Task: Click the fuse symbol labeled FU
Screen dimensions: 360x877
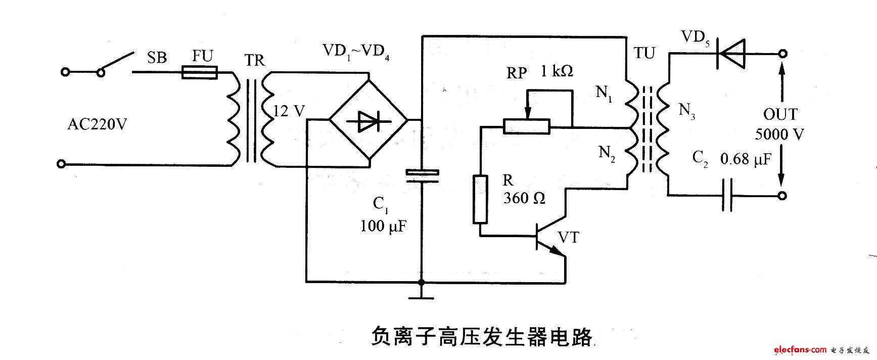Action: click(x=199, y=73)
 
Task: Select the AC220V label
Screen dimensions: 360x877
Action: click(x=97, y=124)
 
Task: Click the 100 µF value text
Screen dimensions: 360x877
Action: click(x=383, y=226)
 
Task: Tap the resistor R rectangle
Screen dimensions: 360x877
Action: click(x=480, y=199)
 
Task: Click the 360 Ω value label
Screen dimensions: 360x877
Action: click(x=524, y=198)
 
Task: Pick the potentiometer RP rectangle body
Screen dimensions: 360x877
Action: click(x=527, y=126)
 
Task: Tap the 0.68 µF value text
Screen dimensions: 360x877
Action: click(x=746, y=160)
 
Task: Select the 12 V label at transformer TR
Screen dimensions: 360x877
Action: click(x=288, y=111)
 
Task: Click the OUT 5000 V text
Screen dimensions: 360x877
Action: click(x=779, y=124)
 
